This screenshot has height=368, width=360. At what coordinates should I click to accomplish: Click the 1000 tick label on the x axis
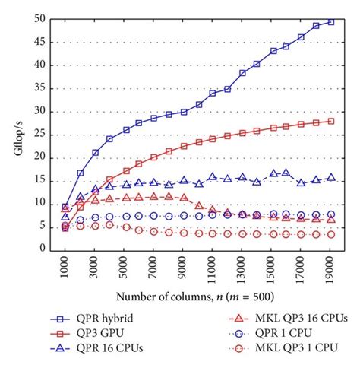pyautogui.click(x=66, y=267)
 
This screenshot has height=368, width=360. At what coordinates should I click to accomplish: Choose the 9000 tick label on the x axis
pyautogui.click(x=184, y=267)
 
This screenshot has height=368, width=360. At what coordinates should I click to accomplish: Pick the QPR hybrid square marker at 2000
pyautogui.click(x=81, y=173)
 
